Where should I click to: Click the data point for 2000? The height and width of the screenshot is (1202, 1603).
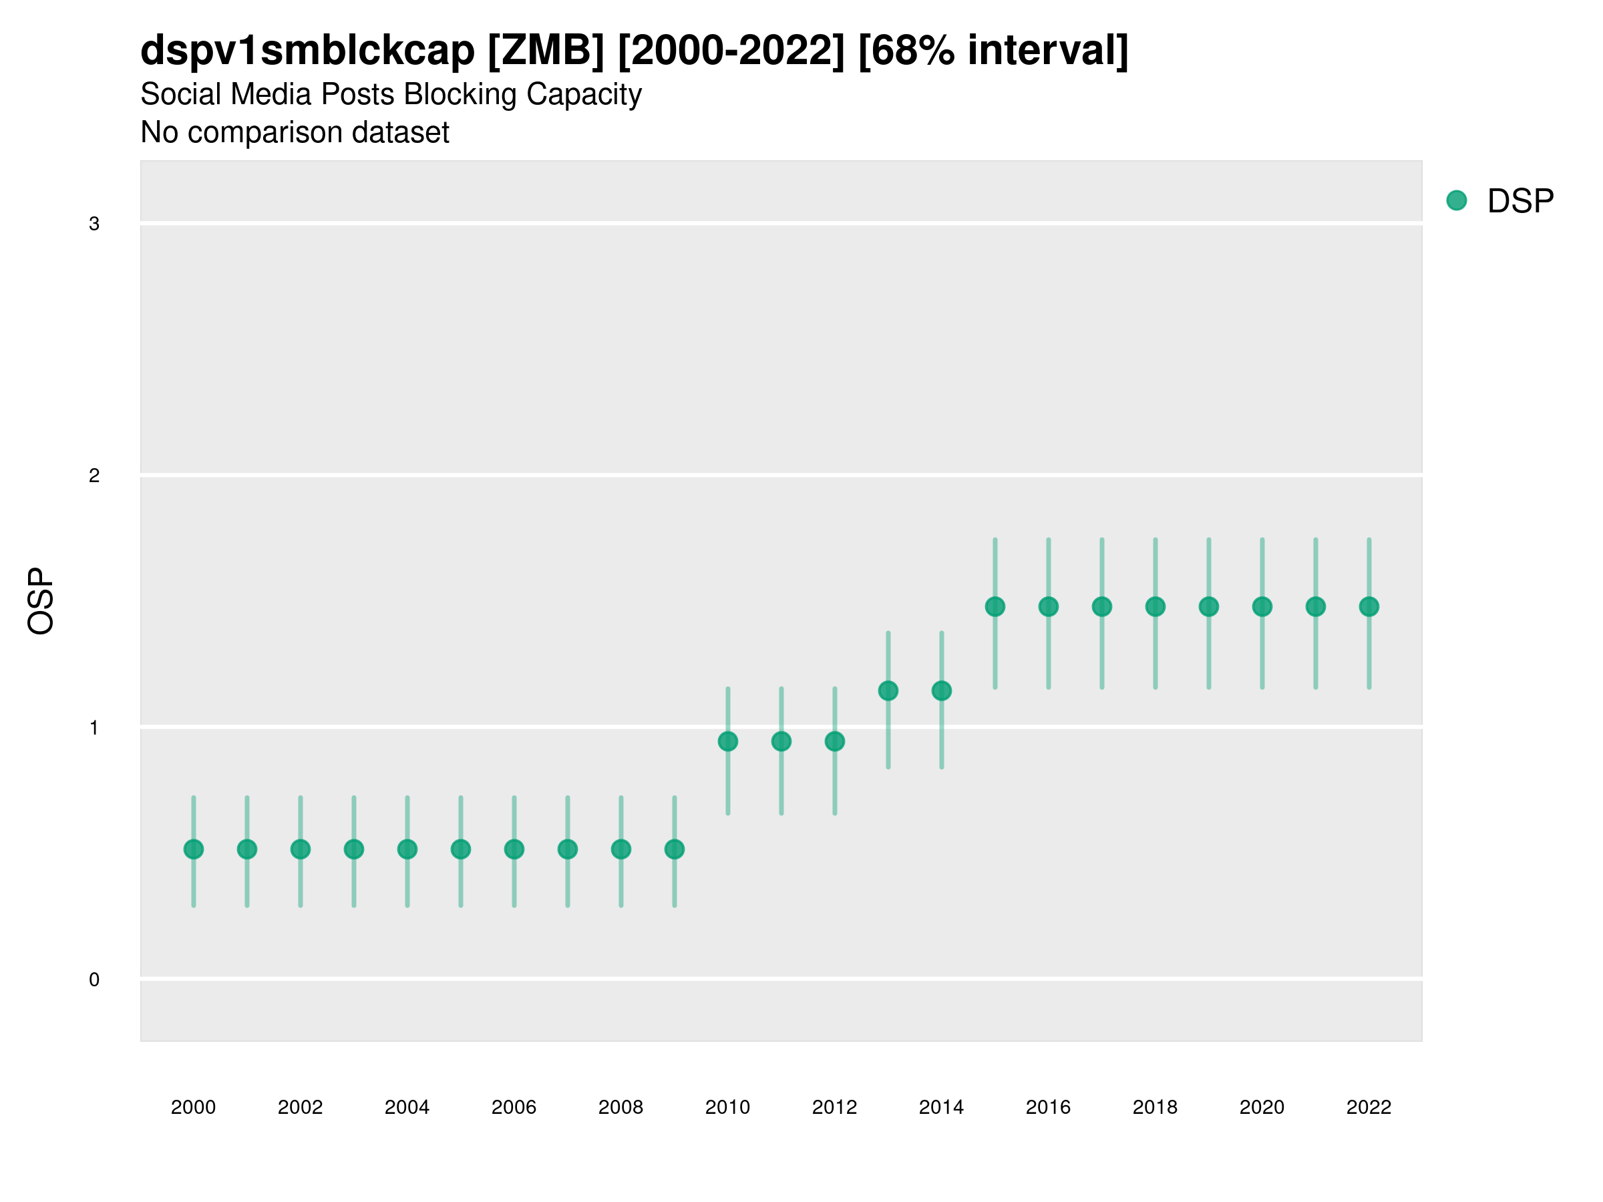click(194, 849)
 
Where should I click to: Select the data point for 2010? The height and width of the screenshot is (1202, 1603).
click(727, 741)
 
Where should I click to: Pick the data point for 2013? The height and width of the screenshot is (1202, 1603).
click(888, 691)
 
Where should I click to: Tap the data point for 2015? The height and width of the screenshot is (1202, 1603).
click(995, 606)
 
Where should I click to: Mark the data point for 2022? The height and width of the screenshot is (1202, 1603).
click(1369, 606)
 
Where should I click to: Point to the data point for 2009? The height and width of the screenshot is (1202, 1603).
click(675, 849)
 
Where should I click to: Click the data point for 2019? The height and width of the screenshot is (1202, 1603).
click(1209, 606)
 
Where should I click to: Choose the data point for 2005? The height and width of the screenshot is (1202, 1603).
click(461, 849)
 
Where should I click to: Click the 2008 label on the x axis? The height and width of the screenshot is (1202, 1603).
click(621, 1107)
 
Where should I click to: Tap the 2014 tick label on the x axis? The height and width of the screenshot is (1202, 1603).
click(941, 1107)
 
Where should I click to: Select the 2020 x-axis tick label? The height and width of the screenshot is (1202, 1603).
click(1262, 1107)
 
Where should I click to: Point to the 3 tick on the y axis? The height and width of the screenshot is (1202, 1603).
click(94, 224)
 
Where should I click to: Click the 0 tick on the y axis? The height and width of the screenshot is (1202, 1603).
click(94, 980)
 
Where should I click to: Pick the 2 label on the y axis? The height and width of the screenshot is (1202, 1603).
click(94, 476)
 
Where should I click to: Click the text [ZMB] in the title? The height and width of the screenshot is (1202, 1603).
click(546, 51)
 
